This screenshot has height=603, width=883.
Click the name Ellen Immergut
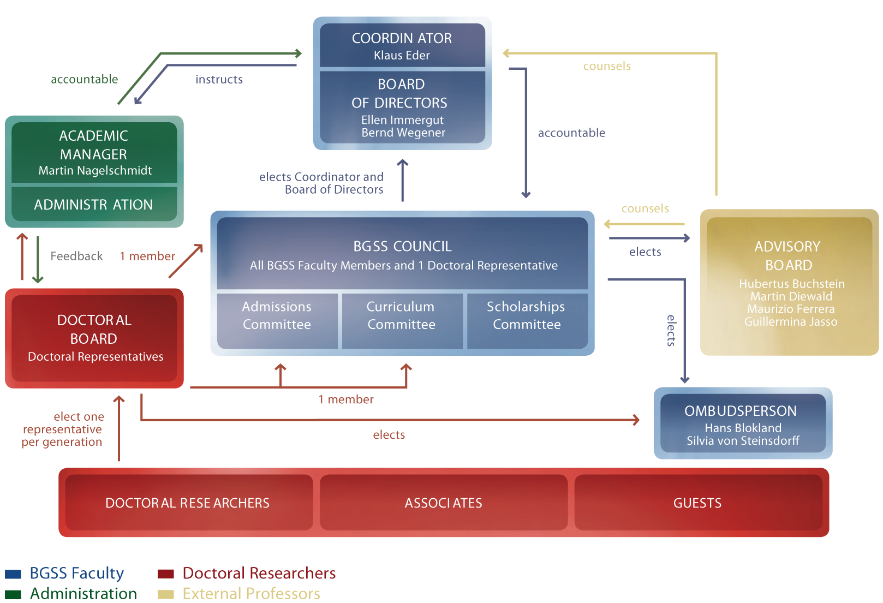point(402,120)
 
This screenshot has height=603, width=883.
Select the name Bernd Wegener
point(403,133)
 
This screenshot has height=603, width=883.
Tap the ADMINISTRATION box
point(94,205)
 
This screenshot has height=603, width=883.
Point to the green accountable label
point(85,80)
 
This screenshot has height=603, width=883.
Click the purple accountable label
point(571,133)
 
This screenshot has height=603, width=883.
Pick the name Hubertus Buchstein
point(791,284)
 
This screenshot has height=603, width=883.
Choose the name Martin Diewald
point(791,296)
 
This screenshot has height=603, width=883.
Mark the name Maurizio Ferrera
point(791,309)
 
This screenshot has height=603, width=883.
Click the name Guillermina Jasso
point(791,321)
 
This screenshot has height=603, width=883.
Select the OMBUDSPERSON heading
point(741,411)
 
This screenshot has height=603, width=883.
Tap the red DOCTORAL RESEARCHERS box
point(187,503)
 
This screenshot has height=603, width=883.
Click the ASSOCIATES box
point(443,503)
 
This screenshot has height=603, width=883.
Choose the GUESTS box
point(697,503)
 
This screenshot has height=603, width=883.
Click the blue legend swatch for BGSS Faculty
point(13,574)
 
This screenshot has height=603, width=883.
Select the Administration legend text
point(83,594)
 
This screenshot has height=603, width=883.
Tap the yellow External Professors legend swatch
point(165,594)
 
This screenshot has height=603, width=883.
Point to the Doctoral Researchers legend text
point(259,574)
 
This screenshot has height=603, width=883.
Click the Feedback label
point(76,256)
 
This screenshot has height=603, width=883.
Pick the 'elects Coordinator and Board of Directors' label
point(322,183)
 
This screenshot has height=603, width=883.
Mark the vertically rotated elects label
point(671,330)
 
